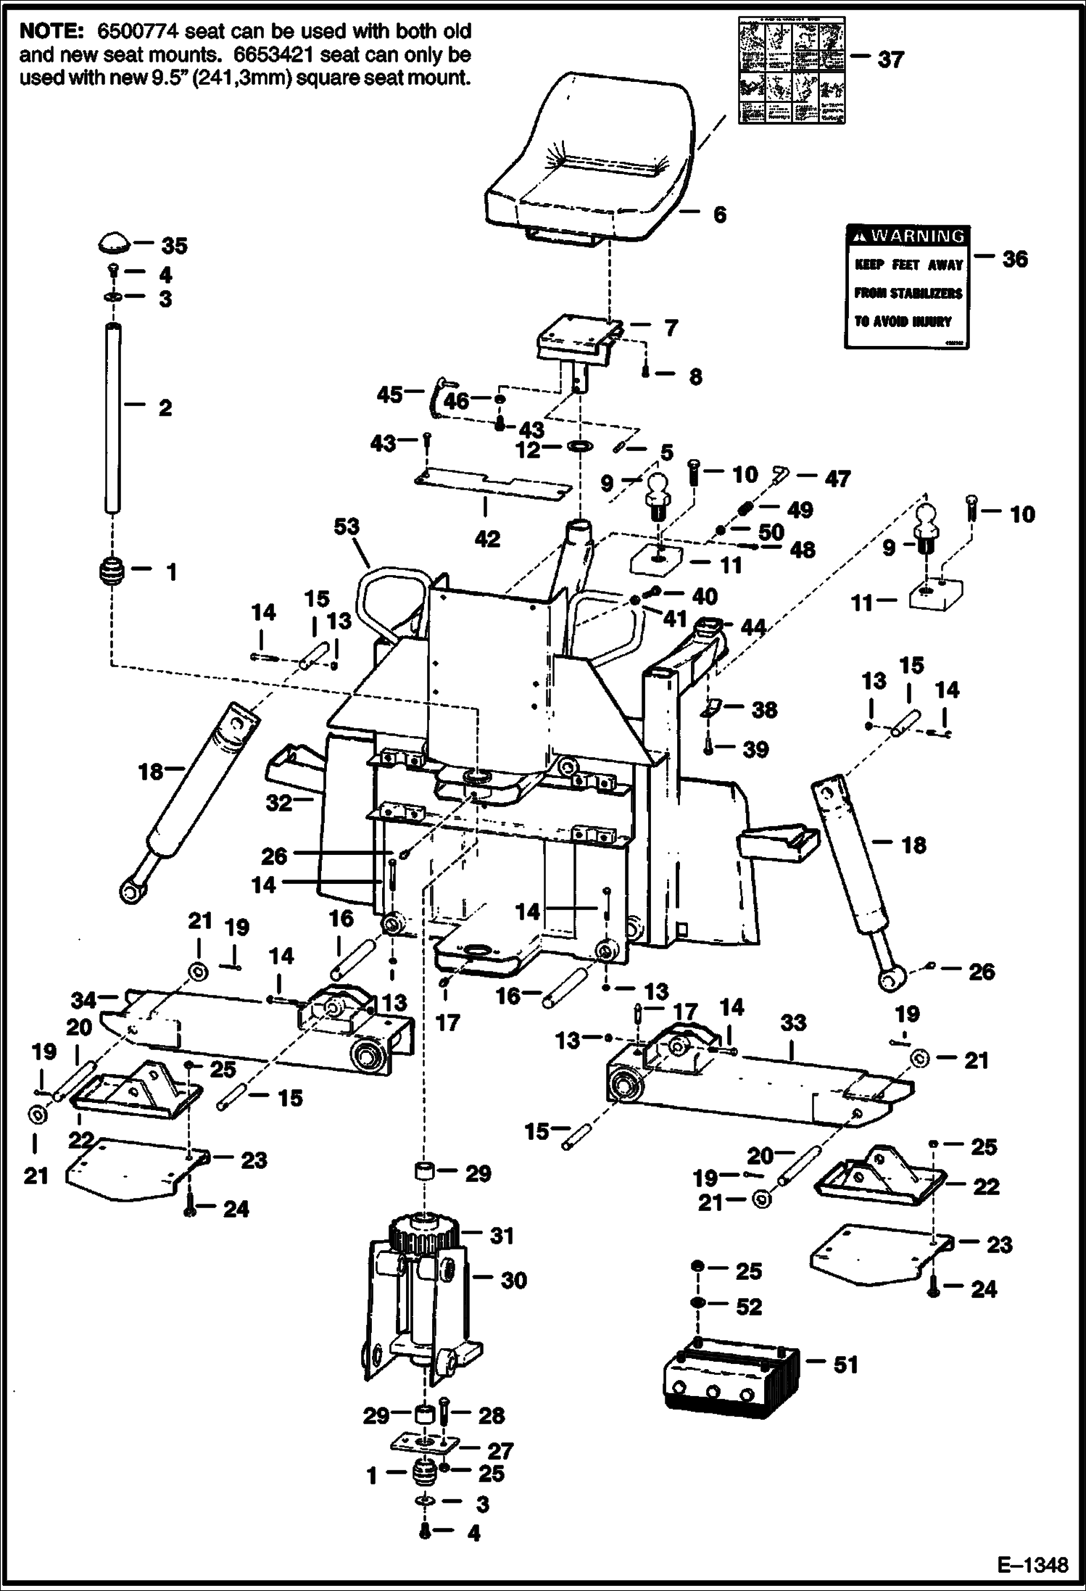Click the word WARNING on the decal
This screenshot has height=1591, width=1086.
917,236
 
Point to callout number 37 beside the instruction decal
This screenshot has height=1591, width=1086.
891,59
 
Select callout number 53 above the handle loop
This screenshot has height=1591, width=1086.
347,526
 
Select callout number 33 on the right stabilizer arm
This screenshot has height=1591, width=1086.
793,1022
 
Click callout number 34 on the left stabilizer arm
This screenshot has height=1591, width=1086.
84,1001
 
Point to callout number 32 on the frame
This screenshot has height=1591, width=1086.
279,802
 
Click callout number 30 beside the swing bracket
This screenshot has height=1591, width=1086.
513,1281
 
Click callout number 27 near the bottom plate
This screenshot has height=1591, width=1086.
500,1450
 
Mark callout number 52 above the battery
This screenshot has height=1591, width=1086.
749,1306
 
